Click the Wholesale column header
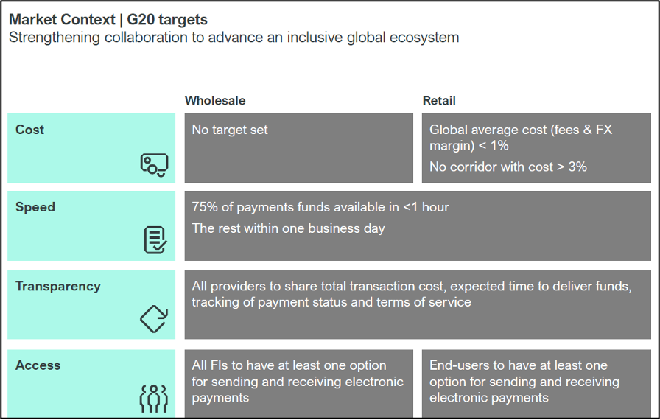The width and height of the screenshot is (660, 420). (215, 101)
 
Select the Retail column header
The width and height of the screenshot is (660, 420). (439, 101)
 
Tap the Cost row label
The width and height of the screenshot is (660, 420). (29, 130)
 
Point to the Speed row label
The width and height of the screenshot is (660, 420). (35, 207)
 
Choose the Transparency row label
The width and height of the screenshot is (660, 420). (58, 286)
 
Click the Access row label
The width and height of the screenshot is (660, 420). (38, 365)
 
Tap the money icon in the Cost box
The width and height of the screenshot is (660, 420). (154, 165)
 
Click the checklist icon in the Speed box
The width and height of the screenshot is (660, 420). (155, 240)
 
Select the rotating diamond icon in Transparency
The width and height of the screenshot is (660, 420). (154, 318)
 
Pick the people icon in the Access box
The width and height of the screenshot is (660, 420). (154, 398)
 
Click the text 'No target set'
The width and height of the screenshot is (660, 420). (230, 130)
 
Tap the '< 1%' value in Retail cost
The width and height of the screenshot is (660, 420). (494, 146)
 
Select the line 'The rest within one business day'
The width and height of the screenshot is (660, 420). (288, 228)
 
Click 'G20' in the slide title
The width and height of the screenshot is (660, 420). (141, 19)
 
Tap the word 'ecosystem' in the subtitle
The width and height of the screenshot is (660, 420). (424, 38)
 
